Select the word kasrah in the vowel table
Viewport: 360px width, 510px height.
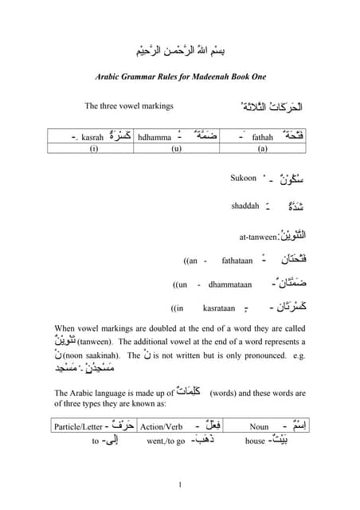pos(92,138)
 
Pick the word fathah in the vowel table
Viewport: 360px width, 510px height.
pos(262,138)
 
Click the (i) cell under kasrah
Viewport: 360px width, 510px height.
pos(93,148)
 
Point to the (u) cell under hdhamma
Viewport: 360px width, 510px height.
pos(177,148)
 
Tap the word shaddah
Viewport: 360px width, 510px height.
pos(245,206)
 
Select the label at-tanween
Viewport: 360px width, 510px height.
pos(258,237)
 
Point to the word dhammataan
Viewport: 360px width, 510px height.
pos(230,284)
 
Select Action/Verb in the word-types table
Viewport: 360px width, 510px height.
pos(161,427)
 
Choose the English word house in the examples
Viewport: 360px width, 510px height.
pos(256,441)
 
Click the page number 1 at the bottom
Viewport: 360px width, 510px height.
pos(180,485)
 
